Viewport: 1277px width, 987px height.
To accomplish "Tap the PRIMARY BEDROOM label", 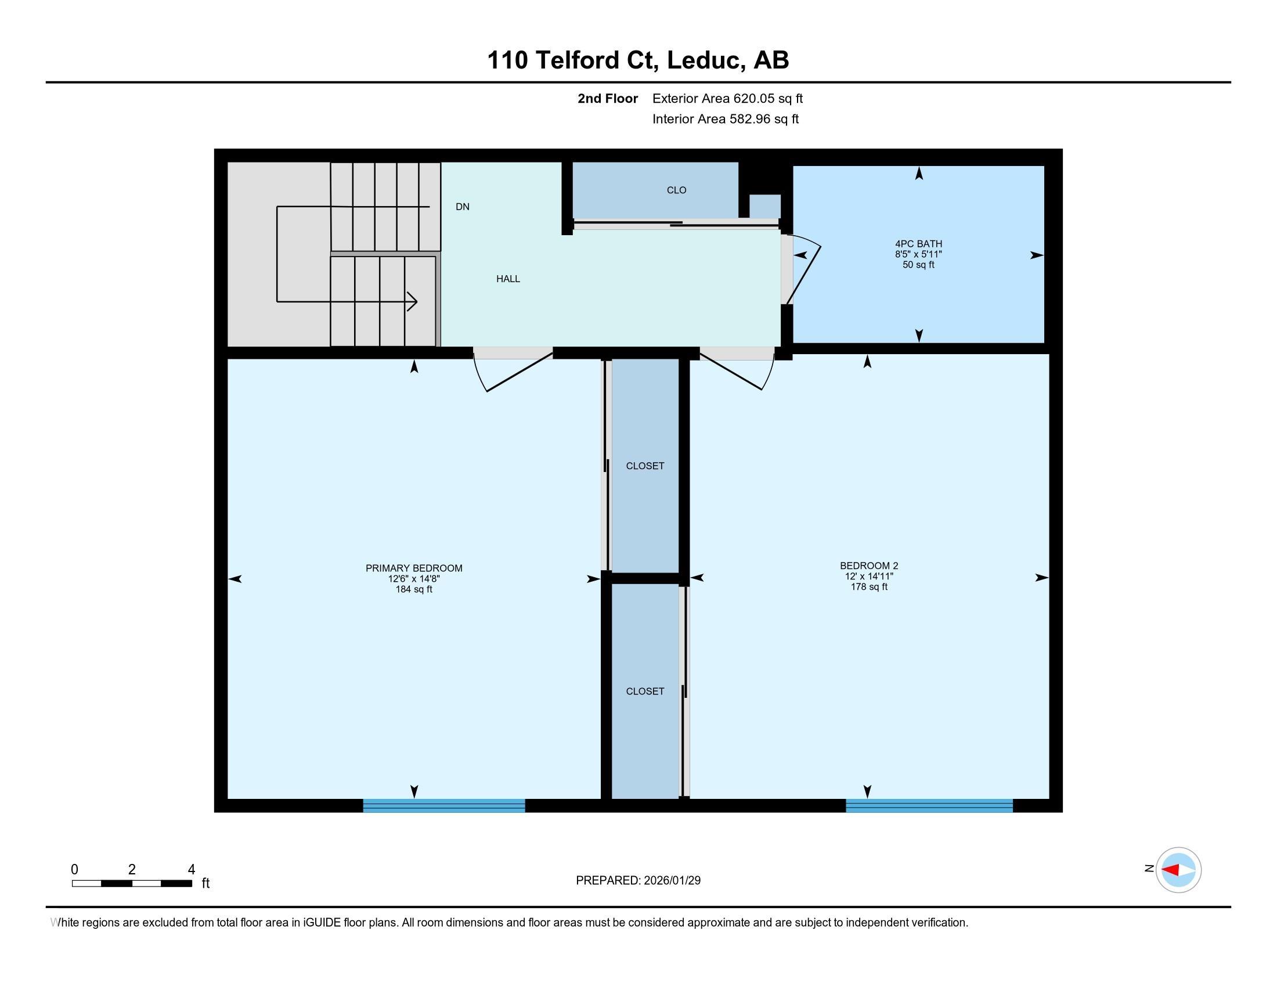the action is [x=414, y=568].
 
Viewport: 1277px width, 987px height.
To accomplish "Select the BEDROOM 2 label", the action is [x=869, y=565].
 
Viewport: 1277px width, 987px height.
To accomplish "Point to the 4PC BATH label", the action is [x=919, y=244].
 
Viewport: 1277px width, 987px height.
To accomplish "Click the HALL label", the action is [x=508, y=279].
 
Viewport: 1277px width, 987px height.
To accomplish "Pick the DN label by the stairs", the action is [x=463, y=207].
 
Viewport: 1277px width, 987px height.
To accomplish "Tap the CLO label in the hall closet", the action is [x=676, y=190].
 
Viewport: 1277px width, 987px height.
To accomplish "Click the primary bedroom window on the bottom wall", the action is [x=444, y=805].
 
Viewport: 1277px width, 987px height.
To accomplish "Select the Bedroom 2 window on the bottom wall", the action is [x=929, y=805].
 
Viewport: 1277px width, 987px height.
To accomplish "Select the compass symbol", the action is [x=1178, y=870].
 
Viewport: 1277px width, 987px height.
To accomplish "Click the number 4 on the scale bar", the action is [x=191, y=870].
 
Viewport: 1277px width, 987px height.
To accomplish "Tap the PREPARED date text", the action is [x=638, y=881].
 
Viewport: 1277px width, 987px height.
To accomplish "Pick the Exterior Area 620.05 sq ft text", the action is [x=727, y=99].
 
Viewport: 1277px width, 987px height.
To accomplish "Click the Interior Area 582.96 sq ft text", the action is [x=726, y=119].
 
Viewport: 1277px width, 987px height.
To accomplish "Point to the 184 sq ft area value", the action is [x=414, y=589].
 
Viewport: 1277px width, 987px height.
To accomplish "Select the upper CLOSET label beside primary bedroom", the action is [x=645, y=466].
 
